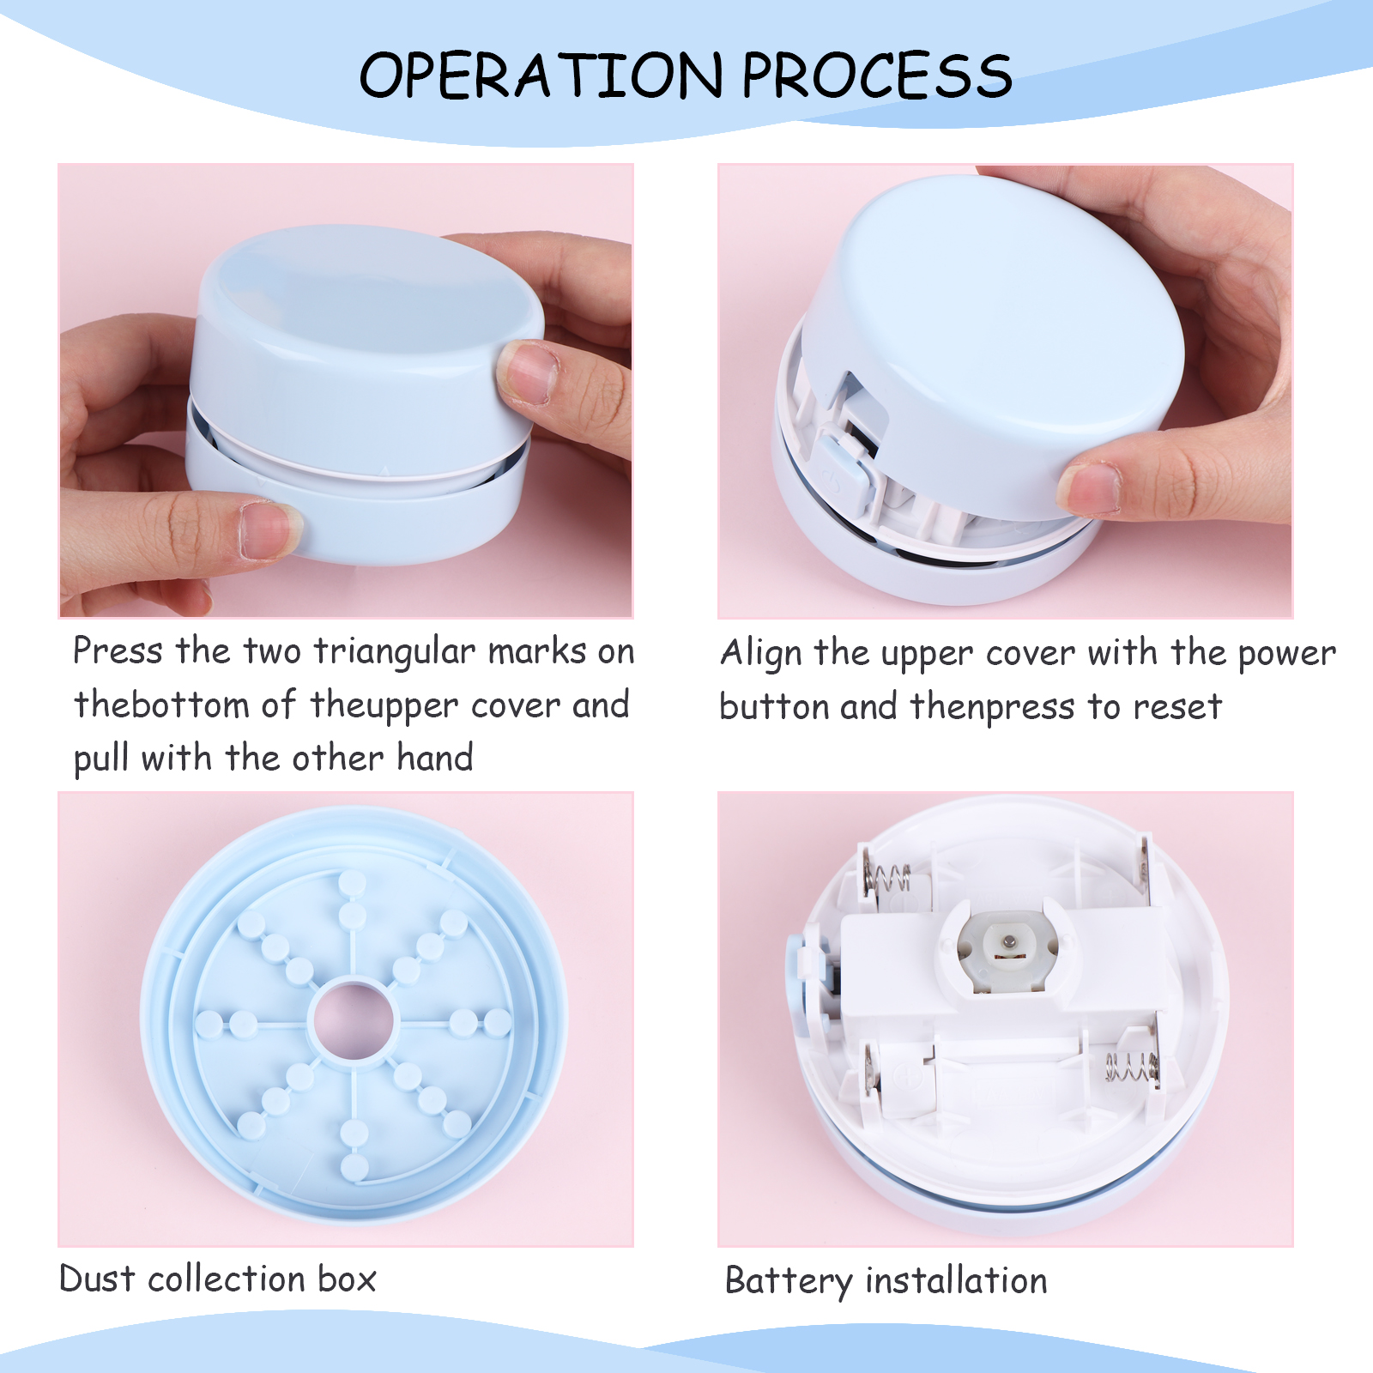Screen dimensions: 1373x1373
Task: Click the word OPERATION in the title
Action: [x=541, y=75]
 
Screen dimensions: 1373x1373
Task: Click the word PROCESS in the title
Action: [x=877, y=75]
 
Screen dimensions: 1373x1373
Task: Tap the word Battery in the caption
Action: [x=789, y=1282]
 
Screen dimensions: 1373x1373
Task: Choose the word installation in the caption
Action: [x=957, y=1280]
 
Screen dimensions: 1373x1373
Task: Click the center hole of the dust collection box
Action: [x=353, y=1020]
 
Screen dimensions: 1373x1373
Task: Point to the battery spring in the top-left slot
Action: [x=890, y=878]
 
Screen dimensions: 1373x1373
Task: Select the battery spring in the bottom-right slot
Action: [x=1129, y=1068]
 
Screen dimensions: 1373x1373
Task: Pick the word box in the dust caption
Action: [x=347, y=1279]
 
